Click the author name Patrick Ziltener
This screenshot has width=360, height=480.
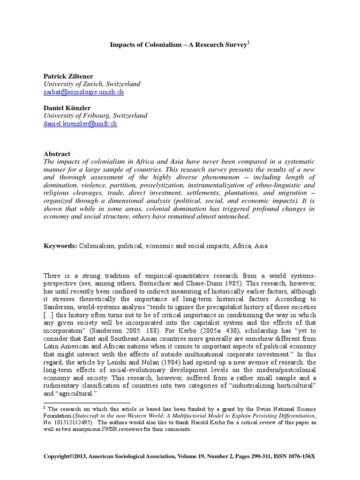click(68, 75)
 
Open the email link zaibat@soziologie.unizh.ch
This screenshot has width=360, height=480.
click(83, 92)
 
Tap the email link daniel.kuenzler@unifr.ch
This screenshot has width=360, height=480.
click(80, 124)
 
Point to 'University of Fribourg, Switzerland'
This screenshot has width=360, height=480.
click(95, 115)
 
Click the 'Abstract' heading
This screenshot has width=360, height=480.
click(57, 154)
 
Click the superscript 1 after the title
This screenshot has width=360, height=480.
click(249, 43)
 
